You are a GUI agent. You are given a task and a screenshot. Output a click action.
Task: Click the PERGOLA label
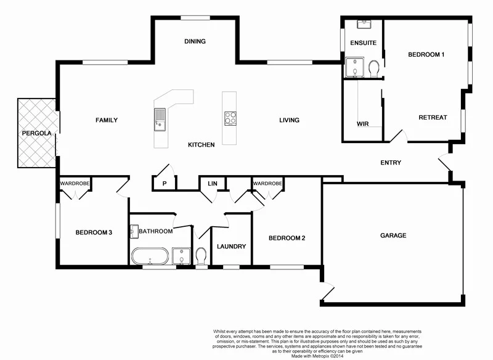[x=37, y=133]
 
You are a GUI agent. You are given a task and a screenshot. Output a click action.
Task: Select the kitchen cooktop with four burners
[x=230, y=118]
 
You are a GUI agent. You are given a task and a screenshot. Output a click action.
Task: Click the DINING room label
[x=195, y=41]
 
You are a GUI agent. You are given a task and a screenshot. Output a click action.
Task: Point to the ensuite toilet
[x=373, y=67]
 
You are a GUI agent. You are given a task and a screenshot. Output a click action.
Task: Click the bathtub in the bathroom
[x=149, y=256]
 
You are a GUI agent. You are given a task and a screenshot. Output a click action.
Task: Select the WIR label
[x=362, y=124]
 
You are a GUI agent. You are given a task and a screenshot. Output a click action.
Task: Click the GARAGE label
[x=393, y=235]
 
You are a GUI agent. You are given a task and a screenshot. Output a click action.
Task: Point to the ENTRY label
[x=391, y=163]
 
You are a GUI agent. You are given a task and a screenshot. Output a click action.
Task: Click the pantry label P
[x=165, y=183]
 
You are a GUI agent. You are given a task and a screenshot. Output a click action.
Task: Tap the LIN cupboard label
[x=213, y=183]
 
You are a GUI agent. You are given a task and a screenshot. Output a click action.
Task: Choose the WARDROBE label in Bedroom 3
[x=75, y=184]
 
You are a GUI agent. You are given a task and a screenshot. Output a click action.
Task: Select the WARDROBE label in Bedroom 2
[x=267, y=184]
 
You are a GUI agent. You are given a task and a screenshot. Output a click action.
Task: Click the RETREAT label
[x=433, y=117]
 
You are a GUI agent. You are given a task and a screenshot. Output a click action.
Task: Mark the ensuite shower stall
[x=354, y=68]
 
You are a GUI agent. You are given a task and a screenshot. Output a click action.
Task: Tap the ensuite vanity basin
[x=364, y=24]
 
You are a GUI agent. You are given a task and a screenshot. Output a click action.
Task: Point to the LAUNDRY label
[x=231, y=246]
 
